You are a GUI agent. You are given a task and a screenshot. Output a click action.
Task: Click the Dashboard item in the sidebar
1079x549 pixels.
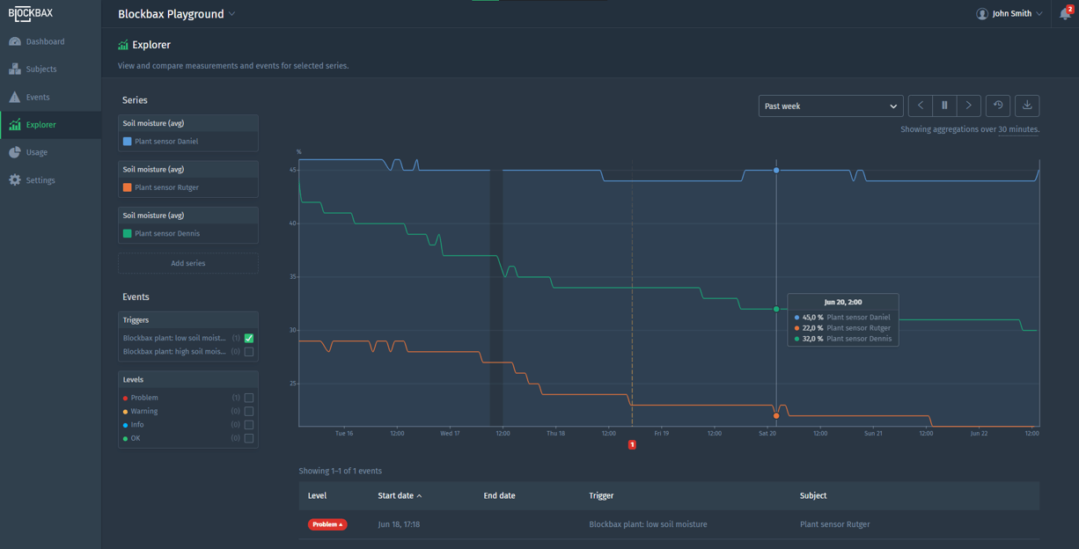tap(44, 41)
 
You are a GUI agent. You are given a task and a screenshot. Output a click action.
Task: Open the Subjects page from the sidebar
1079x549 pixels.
tap(40, 69)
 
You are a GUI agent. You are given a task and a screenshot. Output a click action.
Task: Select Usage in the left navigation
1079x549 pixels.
tap(36, 152)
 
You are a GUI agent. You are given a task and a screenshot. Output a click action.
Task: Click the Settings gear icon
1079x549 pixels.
tap(15, 180)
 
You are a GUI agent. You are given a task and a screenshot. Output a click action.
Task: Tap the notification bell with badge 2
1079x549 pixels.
tap(1065, 14)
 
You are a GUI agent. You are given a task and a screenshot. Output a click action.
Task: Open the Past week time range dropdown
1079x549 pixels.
tap(830, 106)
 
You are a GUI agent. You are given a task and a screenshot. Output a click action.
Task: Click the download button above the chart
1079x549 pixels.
tap(1026, 106)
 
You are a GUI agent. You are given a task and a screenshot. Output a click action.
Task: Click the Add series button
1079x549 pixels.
tap(187, 263)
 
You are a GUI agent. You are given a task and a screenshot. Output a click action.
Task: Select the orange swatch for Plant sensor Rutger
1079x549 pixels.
tap(128, 187)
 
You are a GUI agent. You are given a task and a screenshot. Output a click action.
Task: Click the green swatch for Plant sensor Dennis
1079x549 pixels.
tap(128, 233)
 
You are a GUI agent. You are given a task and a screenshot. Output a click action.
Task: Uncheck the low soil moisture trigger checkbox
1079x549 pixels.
tap(249, 338)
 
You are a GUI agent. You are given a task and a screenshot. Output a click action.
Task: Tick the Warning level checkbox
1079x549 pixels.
tap(249, 411)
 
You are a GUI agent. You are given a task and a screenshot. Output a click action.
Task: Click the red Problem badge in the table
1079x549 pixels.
tap(327, 524)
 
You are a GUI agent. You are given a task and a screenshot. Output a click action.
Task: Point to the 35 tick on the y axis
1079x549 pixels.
tap(293, 277)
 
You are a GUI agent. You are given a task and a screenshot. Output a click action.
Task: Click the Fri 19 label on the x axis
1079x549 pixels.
tap(661, 434)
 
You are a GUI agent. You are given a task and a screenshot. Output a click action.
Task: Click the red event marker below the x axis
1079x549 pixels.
tap(632, 445)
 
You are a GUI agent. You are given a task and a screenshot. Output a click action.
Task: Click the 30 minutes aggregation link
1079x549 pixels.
tap(1018, 129)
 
